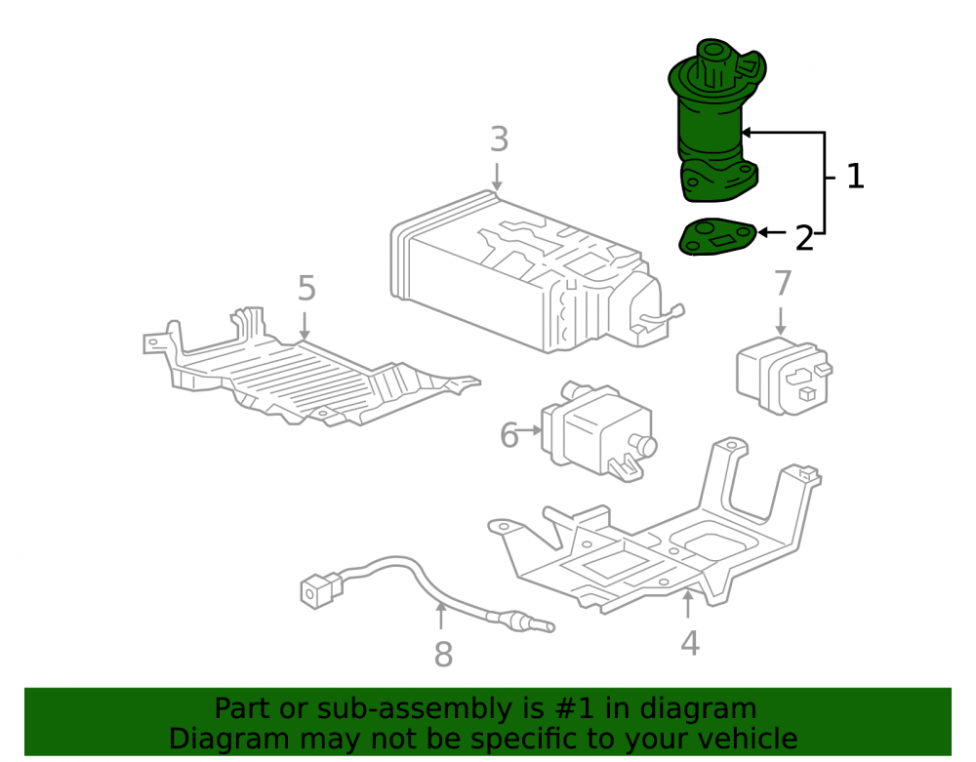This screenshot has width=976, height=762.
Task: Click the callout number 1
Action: click(856, 177)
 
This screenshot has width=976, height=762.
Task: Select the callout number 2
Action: click(804, 238)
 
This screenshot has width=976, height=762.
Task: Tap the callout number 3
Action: click(499, 140)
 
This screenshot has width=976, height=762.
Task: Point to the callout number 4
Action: click(690, 643)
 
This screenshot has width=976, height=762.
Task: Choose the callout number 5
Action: click(306, 288)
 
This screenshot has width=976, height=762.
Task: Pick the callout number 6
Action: click(509, 435)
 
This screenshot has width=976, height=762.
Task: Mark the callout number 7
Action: click(783, 283)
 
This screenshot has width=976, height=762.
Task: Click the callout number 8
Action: click(443, 655)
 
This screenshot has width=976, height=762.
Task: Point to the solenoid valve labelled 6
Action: click(597, 430)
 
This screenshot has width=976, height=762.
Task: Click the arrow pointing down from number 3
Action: click(497, 177)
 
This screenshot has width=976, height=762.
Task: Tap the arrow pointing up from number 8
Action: click(441, 616)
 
